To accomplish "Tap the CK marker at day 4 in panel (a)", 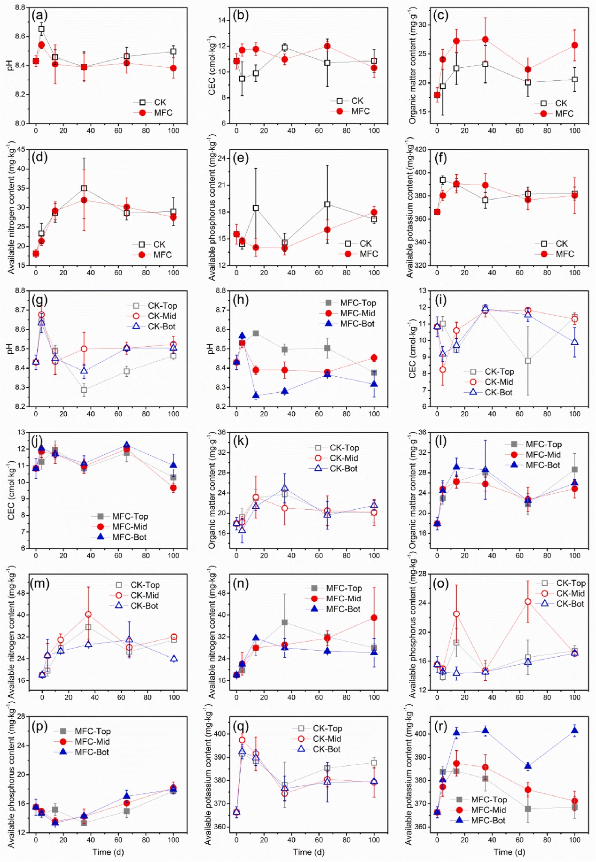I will pyautogui.click(x=41, y=29).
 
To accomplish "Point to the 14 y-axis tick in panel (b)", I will pyautogui.click(x=222, y=20).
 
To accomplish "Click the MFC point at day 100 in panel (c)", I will pyautogui.click(x=574, y=46).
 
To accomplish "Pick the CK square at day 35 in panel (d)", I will pyautogui.click(x=84, y=188).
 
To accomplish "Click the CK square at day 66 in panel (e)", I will pyautogui.click(x=327, y=204).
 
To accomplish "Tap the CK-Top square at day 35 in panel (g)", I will pyautogui.click(x=84, y=390).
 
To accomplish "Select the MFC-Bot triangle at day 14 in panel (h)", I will pyautogui.click(x=256, y=396).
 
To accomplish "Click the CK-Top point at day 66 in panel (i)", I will pyautogui.click(x=528, y=361).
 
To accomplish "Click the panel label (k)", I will pyautogui.click(x=240, y=441).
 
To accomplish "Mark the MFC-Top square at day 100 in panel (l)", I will pyautogui.click(x=574, y=469).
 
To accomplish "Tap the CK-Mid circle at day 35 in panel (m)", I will pyautogui.click(x=88, y=614).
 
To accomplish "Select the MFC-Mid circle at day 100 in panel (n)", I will pyautogui.click(x=374, y=618).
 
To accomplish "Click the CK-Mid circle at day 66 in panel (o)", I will pyautogui.click(x=528, y=602).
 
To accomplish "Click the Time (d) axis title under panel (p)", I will pyautogui.click(x=108, y=852).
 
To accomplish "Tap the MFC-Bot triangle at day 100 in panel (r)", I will pyautogui.click(x=574, y=730).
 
